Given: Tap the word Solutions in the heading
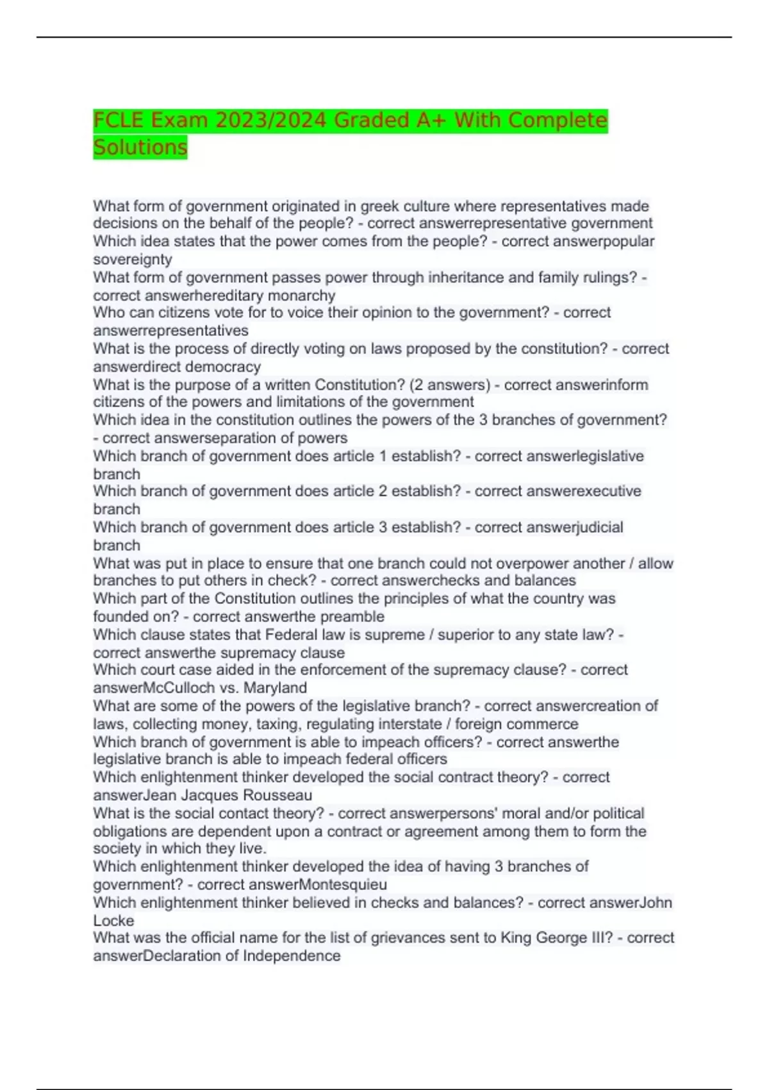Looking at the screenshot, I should (x=140, y=147).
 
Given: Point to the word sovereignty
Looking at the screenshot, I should (x=133, y=260).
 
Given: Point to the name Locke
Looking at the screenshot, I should (x=113, y=921).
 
